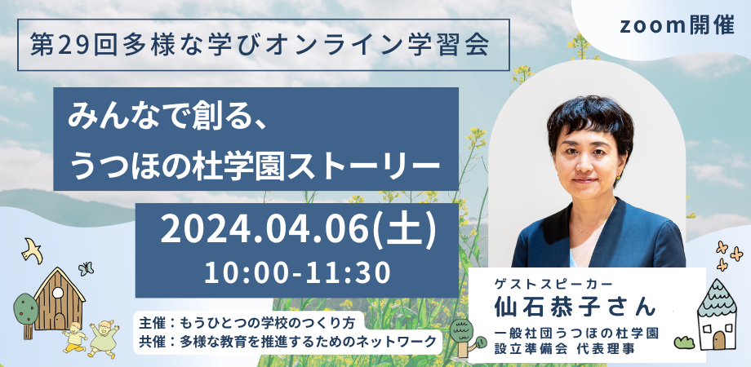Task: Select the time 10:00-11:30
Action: [297, 272]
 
